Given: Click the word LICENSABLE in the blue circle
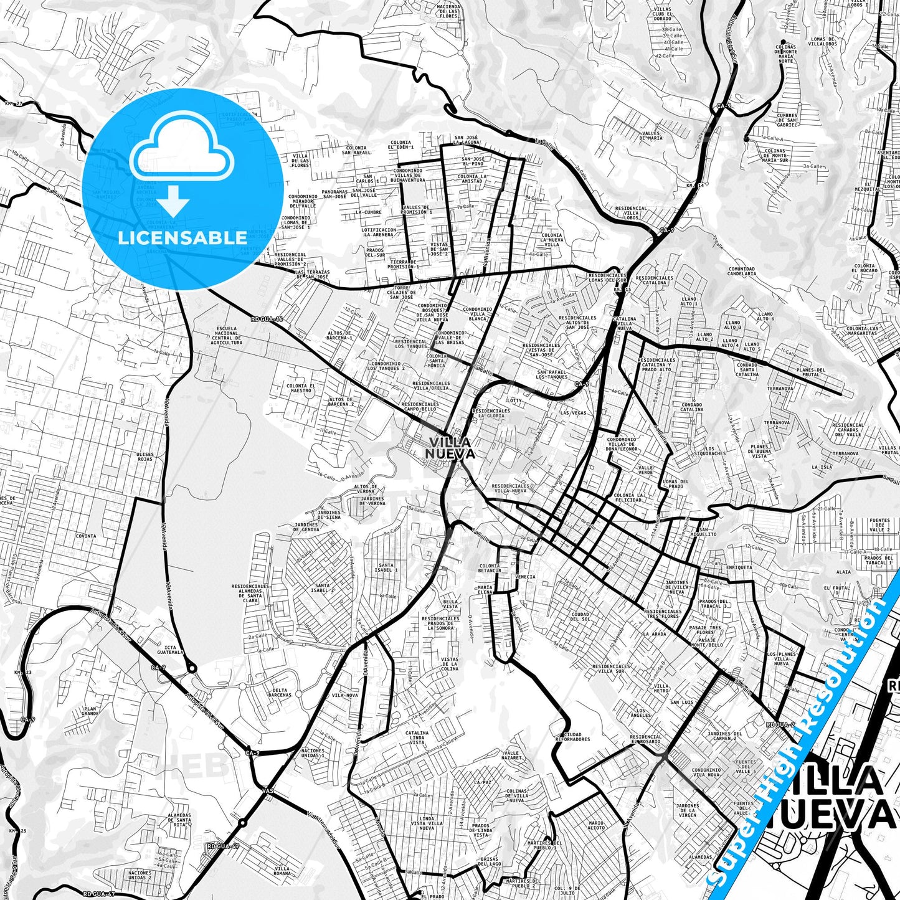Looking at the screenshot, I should (x=182, y=237).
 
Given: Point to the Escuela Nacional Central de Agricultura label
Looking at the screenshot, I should (x=227, y=335).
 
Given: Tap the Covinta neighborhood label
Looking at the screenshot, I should (x=86, y=536).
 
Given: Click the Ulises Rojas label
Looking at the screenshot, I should (x=144, y=457).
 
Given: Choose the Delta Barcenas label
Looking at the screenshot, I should (x=280, y=692).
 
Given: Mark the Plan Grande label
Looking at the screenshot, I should (x=90, y=711).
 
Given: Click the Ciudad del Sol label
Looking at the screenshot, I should (x=580, y=617).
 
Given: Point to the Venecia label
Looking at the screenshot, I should (x=525, y=577).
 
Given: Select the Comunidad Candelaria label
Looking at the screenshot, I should (x=742, y=271).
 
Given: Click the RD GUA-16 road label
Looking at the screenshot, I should (x=267, y=319).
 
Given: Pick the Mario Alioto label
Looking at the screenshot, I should (x=596, y=825).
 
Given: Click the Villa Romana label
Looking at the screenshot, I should (x=282, y=871).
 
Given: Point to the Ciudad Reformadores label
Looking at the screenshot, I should (x=571, y=737).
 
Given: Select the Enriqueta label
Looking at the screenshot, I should (x=739, y=567).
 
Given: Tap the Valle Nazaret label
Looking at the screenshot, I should (x=513, y=756).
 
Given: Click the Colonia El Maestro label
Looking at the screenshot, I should (x=301, y=389).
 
